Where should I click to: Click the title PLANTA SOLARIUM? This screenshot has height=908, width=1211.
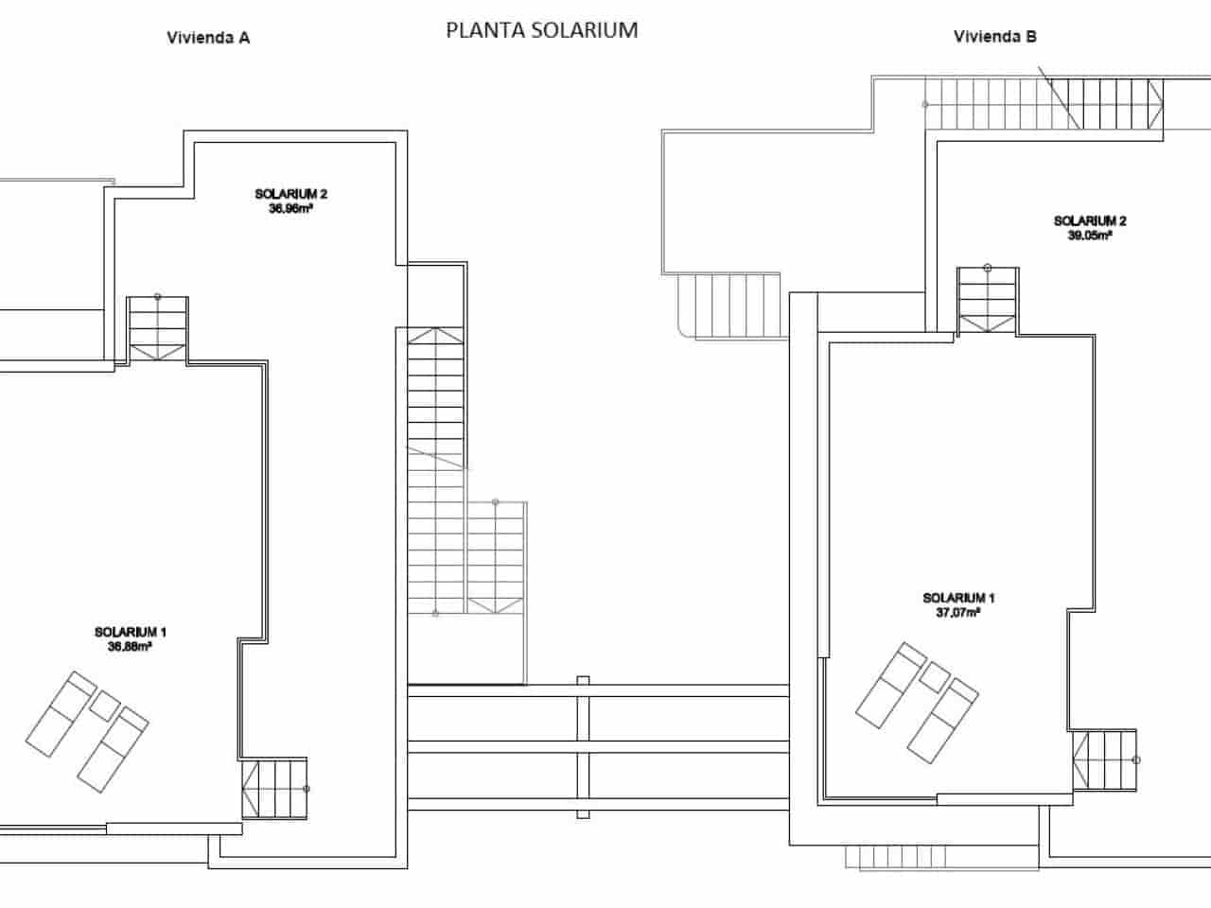point(541,30)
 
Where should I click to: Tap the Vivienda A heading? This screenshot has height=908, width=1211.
point(208,38)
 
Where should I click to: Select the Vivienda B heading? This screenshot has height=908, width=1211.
point(995,37)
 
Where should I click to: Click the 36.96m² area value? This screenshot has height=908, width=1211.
point(290,209)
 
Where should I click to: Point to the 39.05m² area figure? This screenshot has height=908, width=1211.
point(1090,236)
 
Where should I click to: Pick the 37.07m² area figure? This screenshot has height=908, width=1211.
point(958,612)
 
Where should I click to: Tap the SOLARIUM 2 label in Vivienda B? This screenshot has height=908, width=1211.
point(1090,221)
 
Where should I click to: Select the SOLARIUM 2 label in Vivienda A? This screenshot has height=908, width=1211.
point(290,195)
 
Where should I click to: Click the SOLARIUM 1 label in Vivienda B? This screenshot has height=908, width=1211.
point(958,598)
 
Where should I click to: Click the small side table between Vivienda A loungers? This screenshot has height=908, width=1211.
point(104,705)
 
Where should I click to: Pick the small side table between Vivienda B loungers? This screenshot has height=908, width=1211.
point(935,676)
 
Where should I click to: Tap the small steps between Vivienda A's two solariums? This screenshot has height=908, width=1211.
point(158,327)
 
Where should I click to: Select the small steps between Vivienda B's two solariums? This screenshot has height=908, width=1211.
point(988,299)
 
